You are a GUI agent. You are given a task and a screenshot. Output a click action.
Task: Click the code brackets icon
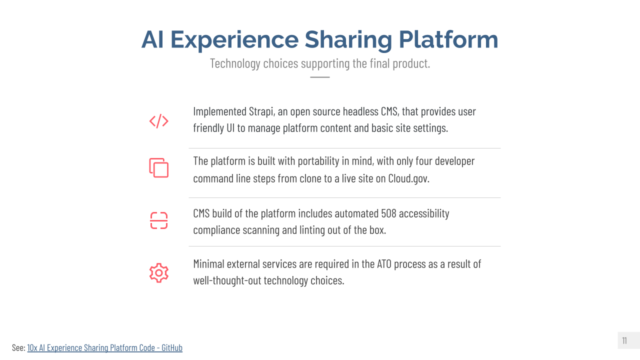(x=159, y=121)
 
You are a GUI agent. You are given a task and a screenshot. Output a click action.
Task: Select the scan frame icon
(x=159, y=220)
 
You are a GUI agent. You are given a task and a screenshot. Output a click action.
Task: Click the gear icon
(x=159, y=273)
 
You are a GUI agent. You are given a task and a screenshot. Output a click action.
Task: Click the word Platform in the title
(x=448, y=39)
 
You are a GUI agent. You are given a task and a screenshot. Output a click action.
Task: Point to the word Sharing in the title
(x=348, y=40)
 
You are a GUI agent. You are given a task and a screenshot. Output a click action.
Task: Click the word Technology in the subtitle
(x=235, y=63)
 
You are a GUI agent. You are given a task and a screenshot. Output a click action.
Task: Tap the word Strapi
(x=261, y=111)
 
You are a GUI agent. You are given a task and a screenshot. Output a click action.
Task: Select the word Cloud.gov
(x=408, y=178)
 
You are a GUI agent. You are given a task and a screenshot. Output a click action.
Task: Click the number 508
(x=388, y=213)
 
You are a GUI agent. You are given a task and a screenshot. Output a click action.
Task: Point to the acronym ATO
(x=384, y=264)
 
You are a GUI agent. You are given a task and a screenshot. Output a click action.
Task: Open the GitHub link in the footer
(x=105, y=347)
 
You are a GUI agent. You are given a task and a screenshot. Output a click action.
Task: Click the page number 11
(x=624, y=340)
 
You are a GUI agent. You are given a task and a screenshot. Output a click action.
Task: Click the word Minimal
(x=208, y=264)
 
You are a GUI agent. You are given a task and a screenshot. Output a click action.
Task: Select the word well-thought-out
(x=227, y=280)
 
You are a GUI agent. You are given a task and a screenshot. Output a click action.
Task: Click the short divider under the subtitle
(x=320, y=77)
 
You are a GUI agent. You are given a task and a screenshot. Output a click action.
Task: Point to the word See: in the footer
(x=18, y=347)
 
